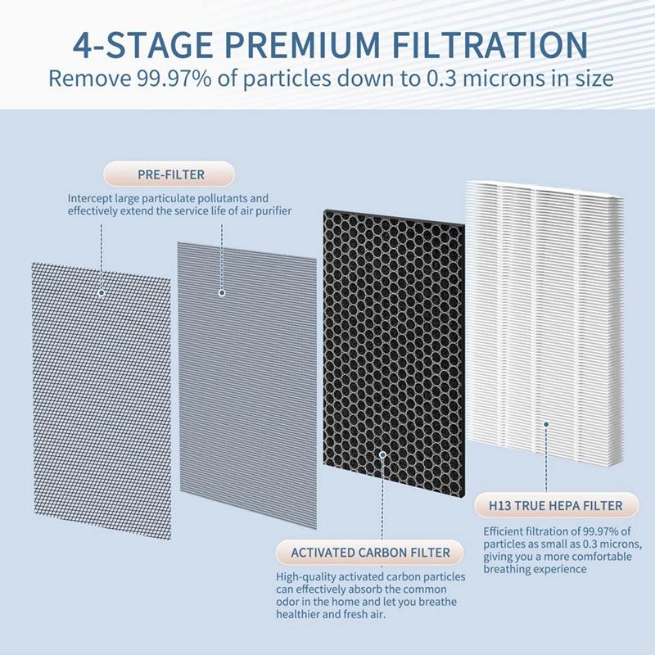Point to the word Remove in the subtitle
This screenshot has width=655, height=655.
point(91,79)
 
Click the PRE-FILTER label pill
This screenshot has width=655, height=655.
point(168,174)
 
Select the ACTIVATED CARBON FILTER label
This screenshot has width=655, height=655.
point(371,553)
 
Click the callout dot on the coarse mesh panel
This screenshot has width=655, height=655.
point(101,291)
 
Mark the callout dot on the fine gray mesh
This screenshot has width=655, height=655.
point(221,291)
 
